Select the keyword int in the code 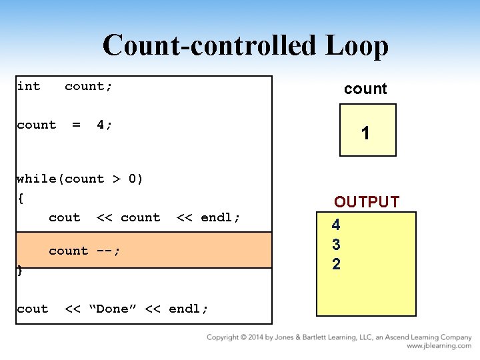tap(29, 86)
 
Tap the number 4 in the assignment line tap(104, 125)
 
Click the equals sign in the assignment tap(76, 125)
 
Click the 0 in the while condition tap(132, 178)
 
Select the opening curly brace tap(21, 197)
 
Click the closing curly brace tap(20, 271)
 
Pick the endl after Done tap(188, 309)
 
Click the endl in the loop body tap(220, 217)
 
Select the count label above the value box tap(365, 89)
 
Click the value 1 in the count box tap(365, 134)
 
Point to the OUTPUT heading tap(367, 202)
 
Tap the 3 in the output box tap(336, 245)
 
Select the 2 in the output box tap(336, 264)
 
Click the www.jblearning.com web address tap(439, 346)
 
